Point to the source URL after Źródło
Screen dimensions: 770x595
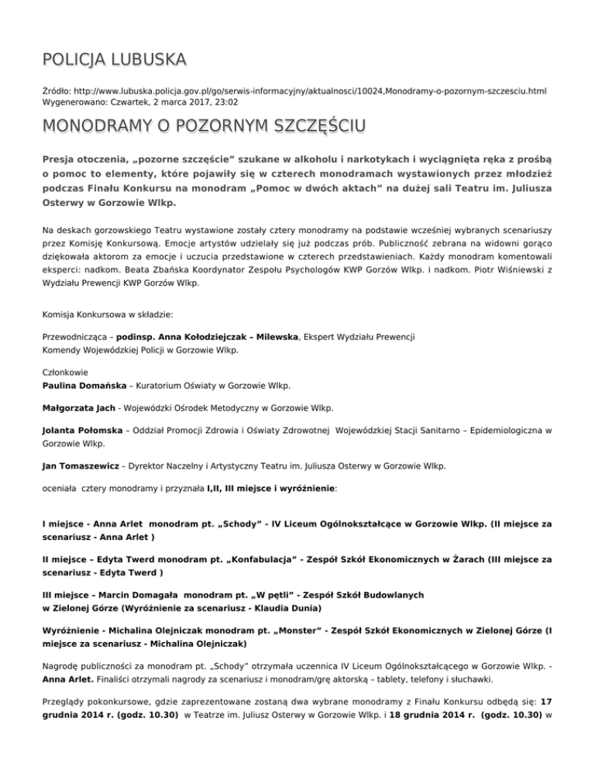coord(310,91)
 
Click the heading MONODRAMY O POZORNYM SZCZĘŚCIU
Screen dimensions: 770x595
coord(205,125)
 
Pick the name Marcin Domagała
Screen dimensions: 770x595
coord(139,595)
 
